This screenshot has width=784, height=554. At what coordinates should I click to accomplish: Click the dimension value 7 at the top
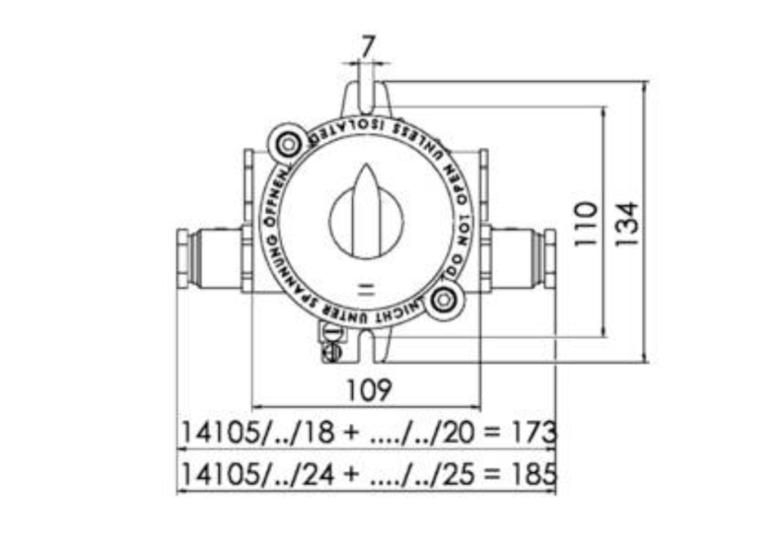tap(367, 47)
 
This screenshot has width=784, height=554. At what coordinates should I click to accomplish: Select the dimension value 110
tap(586, 223)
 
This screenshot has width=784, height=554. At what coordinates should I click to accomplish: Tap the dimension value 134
tap(626, 223)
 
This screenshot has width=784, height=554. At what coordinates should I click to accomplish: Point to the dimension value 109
tap(368, 390)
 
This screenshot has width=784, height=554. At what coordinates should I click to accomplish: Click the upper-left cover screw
tap(288, 143)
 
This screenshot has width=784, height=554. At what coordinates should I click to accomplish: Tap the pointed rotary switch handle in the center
tap(366, 215)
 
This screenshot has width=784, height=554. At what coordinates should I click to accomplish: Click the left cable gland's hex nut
tap(184, 258)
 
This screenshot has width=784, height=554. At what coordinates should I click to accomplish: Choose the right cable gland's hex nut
tap(548, 258)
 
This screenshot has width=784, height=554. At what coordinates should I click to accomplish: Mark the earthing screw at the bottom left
tap(332, 351)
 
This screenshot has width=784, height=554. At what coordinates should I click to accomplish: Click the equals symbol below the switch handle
tap(367, 290)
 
